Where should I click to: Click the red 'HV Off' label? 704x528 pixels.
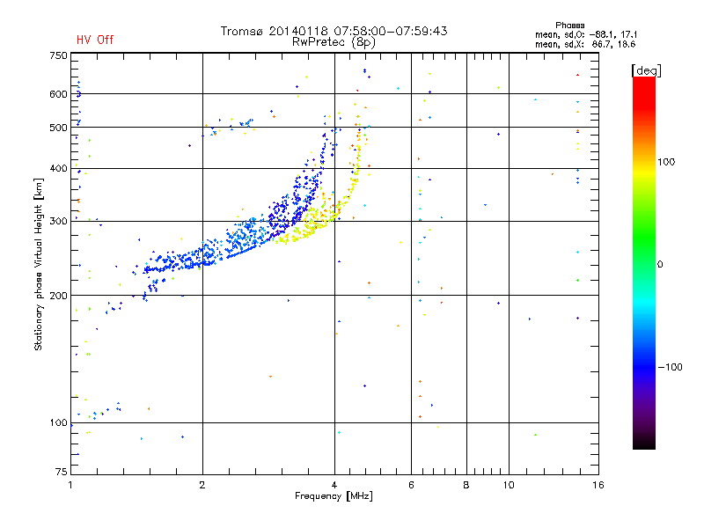pyautogui.click(x=94, y=40)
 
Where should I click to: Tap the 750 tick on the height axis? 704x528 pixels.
pyautogui.click(x=58, y=55)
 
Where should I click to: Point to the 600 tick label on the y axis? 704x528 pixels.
pyautogui.click(x=58, y=93)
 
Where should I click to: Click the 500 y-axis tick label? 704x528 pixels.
pyautogui.click(x=58, y=128)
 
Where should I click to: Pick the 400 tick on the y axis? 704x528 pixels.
pyautogui.click(x=58, y=168)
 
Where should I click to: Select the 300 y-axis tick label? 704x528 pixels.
pyautogui.click(x=58, y=221)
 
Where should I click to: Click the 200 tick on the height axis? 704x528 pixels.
pyautogui.click(x=58, y=295)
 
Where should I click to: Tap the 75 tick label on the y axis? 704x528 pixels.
pyautogui.click(x=61, y=473)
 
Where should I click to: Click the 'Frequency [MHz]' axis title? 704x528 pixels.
pyautogui.click(x=334, y=497)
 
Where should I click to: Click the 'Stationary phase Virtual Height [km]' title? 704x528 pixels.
pyautogui.click(x=39, y=264)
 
